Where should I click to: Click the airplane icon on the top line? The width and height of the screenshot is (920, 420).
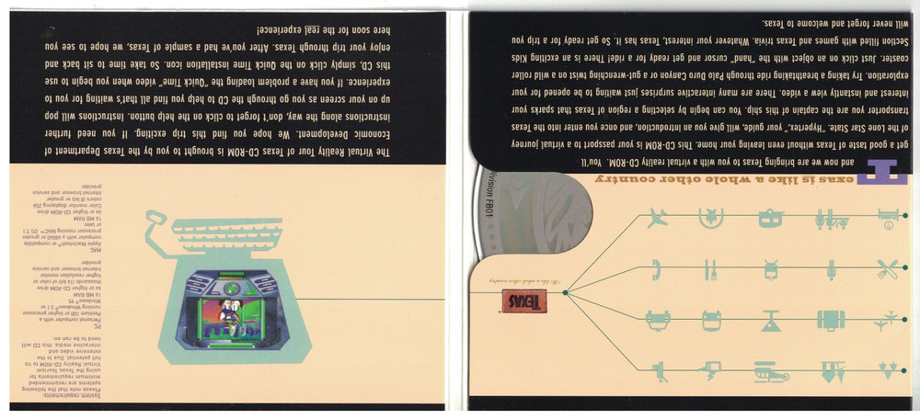tap(657, 218)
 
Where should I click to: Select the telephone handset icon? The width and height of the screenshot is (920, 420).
tap(657, 268)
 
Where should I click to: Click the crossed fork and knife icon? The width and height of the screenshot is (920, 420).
tap(886, 268)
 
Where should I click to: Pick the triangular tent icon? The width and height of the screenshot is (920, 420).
tap(770, 319)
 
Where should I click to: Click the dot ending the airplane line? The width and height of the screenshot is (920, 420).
tap(905, 217)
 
